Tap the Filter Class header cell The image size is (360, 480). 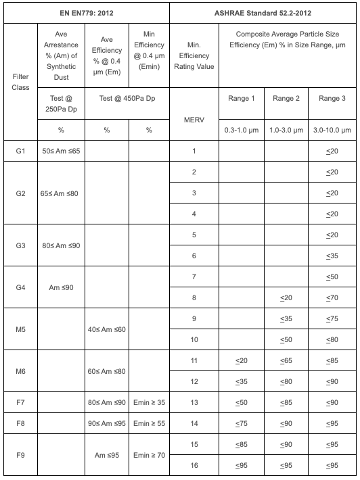20,82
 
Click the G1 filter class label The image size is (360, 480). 20,151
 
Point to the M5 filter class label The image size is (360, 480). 20,329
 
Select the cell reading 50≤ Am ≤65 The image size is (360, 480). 60,151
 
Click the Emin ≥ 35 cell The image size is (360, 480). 148,403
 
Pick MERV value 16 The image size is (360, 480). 194,466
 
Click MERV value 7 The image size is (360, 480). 194,277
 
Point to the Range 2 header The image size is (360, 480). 287,99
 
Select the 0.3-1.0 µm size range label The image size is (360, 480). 242,129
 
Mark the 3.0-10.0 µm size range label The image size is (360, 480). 332,129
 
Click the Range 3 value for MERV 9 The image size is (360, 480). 332,318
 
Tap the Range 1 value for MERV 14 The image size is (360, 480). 242,423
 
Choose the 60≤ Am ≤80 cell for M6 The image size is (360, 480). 106,370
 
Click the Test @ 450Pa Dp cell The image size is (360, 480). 127,99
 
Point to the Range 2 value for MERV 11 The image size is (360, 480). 287,360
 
